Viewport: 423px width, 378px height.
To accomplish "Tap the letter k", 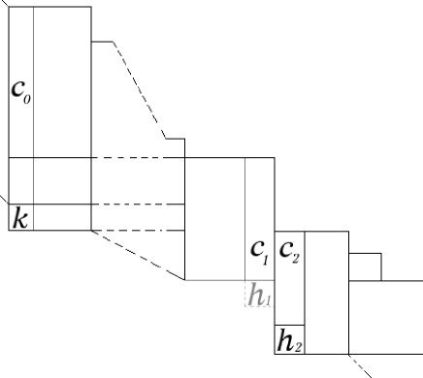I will [19, 217].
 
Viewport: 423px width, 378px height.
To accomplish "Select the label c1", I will [259, 255].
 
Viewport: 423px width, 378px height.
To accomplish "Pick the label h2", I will [288, 340].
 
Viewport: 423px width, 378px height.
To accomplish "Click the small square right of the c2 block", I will [364, 266].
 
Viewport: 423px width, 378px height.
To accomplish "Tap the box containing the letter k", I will [21, 217].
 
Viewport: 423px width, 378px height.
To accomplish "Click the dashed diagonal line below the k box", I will [136, 254].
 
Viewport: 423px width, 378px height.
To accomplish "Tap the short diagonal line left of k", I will [4, 197].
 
